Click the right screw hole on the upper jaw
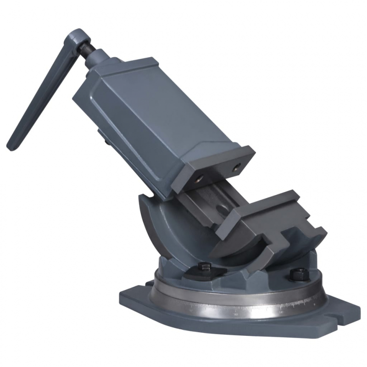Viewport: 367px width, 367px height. [237, 167]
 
